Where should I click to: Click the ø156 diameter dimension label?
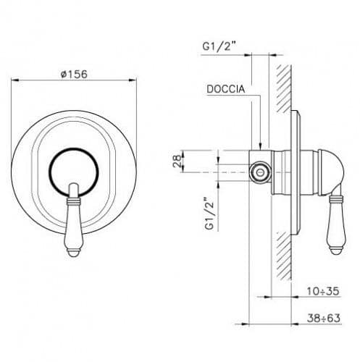pos(74,74)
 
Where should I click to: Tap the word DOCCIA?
pos(226,89)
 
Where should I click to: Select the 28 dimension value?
pos(177,161)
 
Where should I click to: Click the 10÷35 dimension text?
pos(323,291)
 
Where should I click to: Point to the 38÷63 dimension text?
pos(324,318)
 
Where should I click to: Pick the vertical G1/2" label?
pos(209,214)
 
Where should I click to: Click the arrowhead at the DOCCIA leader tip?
pos(260,146)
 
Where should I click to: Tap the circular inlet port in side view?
pos(260,172)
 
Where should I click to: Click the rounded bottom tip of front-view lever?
pos(74,253)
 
